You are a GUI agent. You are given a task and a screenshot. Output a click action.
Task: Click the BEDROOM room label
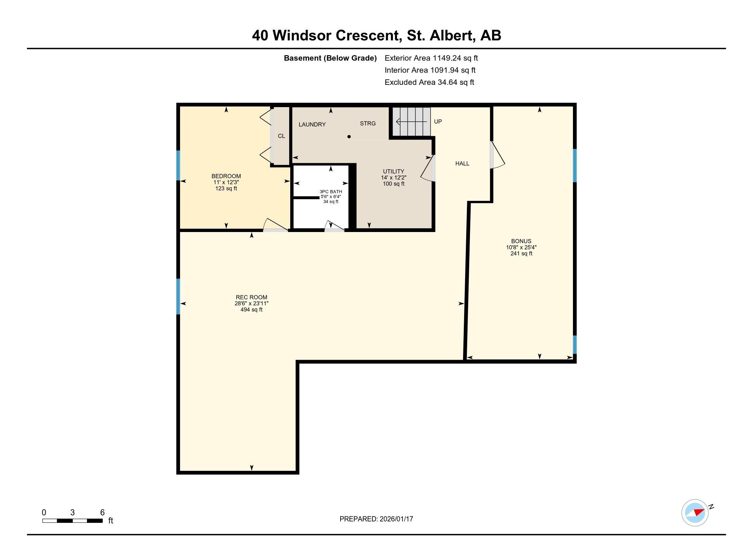[226, 176]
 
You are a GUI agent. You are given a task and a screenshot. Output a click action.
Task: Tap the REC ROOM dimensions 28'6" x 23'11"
[251, 304]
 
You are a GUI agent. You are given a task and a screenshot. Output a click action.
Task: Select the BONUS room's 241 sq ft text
[521, 254]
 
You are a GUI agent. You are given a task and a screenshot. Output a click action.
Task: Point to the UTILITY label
[393, 171]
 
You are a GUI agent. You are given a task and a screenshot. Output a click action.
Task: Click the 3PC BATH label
[331, 192]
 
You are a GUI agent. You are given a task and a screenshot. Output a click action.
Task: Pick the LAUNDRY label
[312, 125]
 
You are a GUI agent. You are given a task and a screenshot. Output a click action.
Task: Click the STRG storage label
[368, 124]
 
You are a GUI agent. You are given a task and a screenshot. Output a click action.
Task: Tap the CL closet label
[281, 136]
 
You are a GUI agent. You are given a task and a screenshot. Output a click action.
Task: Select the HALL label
[462, 164]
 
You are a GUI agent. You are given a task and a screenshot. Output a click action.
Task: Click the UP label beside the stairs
[438, 121]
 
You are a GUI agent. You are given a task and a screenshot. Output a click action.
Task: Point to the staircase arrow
[411, 121]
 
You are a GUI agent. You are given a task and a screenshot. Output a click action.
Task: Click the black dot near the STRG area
[349, 137]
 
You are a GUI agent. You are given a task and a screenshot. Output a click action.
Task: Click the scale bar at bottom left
[73, 521]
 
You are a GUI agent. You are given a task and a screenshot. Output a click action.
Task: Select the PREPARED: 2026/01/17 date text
[376, 519]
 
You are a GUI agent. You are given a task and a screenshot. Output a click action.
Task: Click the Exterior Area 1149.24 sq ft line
[431, 58]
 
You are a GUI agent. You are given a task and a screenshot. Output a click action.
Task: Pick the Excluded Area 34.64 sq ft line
[429, 82]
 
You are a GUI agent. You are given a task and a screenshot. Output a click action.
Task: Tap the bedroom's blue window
[178, 165]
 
